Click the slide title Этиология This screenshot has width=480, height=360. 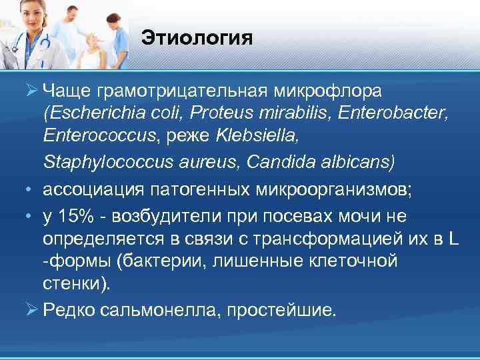[x=197, y=37]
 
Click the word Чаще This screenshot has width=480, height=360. [x=67, y=89]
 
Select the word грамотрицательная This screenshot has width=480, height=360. [x=181, y=89]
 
